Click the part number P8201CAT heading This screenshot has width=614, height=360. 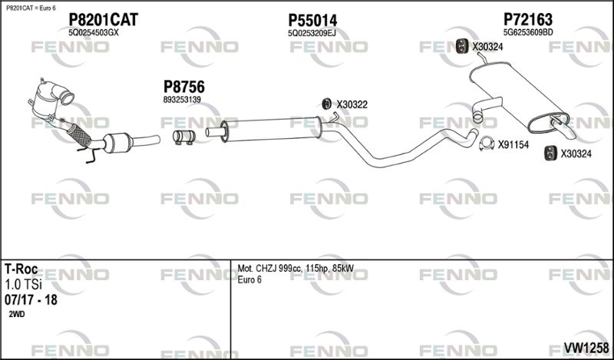(x=103, y=19)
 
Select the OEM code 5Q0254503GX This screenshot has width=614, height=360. (x=94, y=34)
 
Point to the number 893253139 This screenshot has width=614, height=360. (x=182, y=100)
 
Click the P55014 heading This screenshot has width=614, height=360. (x=312, y=19)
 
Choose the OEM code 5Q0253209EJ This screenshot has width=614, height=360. (x=312, y=34)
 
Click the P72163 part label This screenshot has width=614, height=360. (x=529, y=19)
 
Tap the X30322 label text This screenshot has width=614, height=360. (x=353, y=104)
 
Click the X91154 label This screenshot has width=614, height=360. (x=514, y=144)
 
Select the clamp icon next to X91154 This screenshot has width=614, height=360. (x=486, y=144)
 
